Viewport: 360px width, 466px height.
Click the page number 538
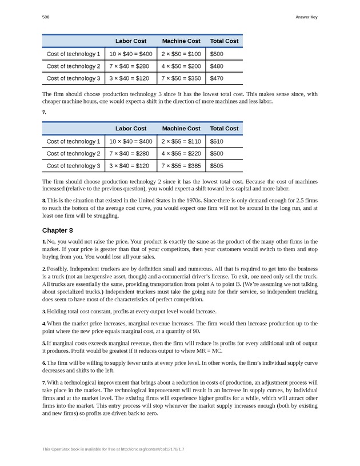[x=45, y=17]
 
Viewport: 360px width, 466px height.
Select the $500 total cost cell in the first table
[x=217, y=54]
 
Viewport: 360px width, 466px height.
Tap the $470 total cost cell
[x=217, y=78]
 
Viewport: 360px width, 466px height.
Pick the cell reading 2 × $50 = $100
[x=181, y=54]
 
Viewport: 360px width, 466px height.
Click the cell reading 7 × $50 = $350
[x=181, y=78]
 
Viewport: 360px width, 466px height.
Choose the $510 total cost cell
[x=217, y=141]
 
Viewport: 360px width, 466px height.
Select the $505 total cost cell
[x=217, y=166]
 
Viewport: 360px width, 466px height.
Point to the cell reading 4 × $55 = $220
[x=181, y=153]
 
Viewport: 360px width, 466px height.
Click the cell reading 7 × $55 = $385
[x=181, y=166]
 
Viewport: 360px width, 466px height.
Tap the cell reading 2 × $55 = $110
[x=181, y=141]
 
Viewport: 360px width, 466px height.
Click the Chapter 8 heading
[x=58, y=230]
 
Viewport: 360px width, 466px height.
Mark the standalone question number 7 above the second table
[x=43, y=112]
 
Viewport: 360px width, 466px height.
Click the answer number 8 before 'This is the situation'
[x=43, y=201]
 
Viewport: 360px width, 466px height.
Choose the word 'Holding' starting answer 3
[x=58, y=311]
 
